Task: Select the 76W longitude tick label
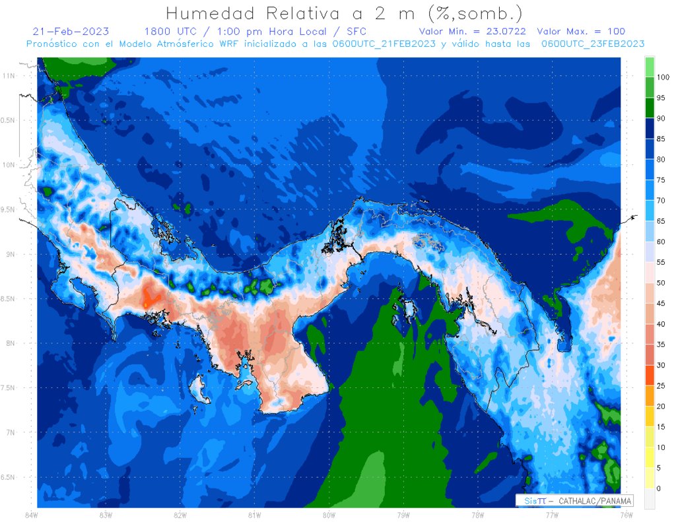[626, 514]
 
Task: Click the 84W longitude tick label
[30, 514]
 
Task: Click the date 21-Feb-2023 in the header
[71, 32]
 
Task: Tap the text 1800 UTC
[168, 32]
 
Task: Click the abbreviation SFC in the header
[353, 32]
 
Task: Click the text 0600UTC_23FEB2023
[592, 43]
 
